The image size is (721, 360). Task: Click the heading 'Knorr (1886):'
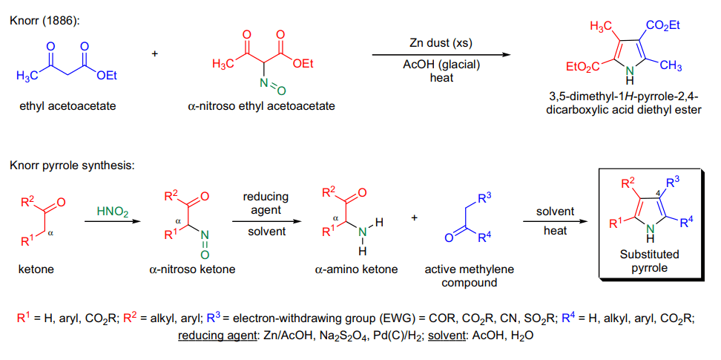(x=45, y=22)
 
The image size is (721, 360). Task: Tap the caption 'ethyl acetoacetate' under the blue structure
(x=68, y=107)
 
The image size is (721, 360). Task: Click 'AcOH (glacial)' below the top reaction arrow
(x=441, y=66)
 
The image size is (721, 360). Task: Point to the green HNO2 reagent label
(x=111, y=212)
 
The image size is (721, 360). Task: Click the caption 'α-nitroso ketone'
(x=192, y=269)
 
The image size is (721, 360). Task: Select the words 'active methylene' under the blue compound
(x=469, y=269)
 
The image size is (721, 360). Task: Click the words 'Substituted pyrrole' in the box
(x=649, y=261)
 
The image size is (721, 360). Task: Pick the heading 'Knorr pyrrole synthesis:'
(x=72, y=166)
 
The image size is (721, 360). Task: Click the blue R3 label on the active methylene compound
(x=484, y=200)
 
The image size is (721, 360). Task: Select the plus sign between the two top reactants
(x=154, y=54)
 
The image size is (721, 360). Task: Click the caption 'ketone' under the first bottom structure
(x=36, y=269)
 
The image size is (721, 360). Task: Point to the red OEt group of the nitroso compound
(x=302, y=65)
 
